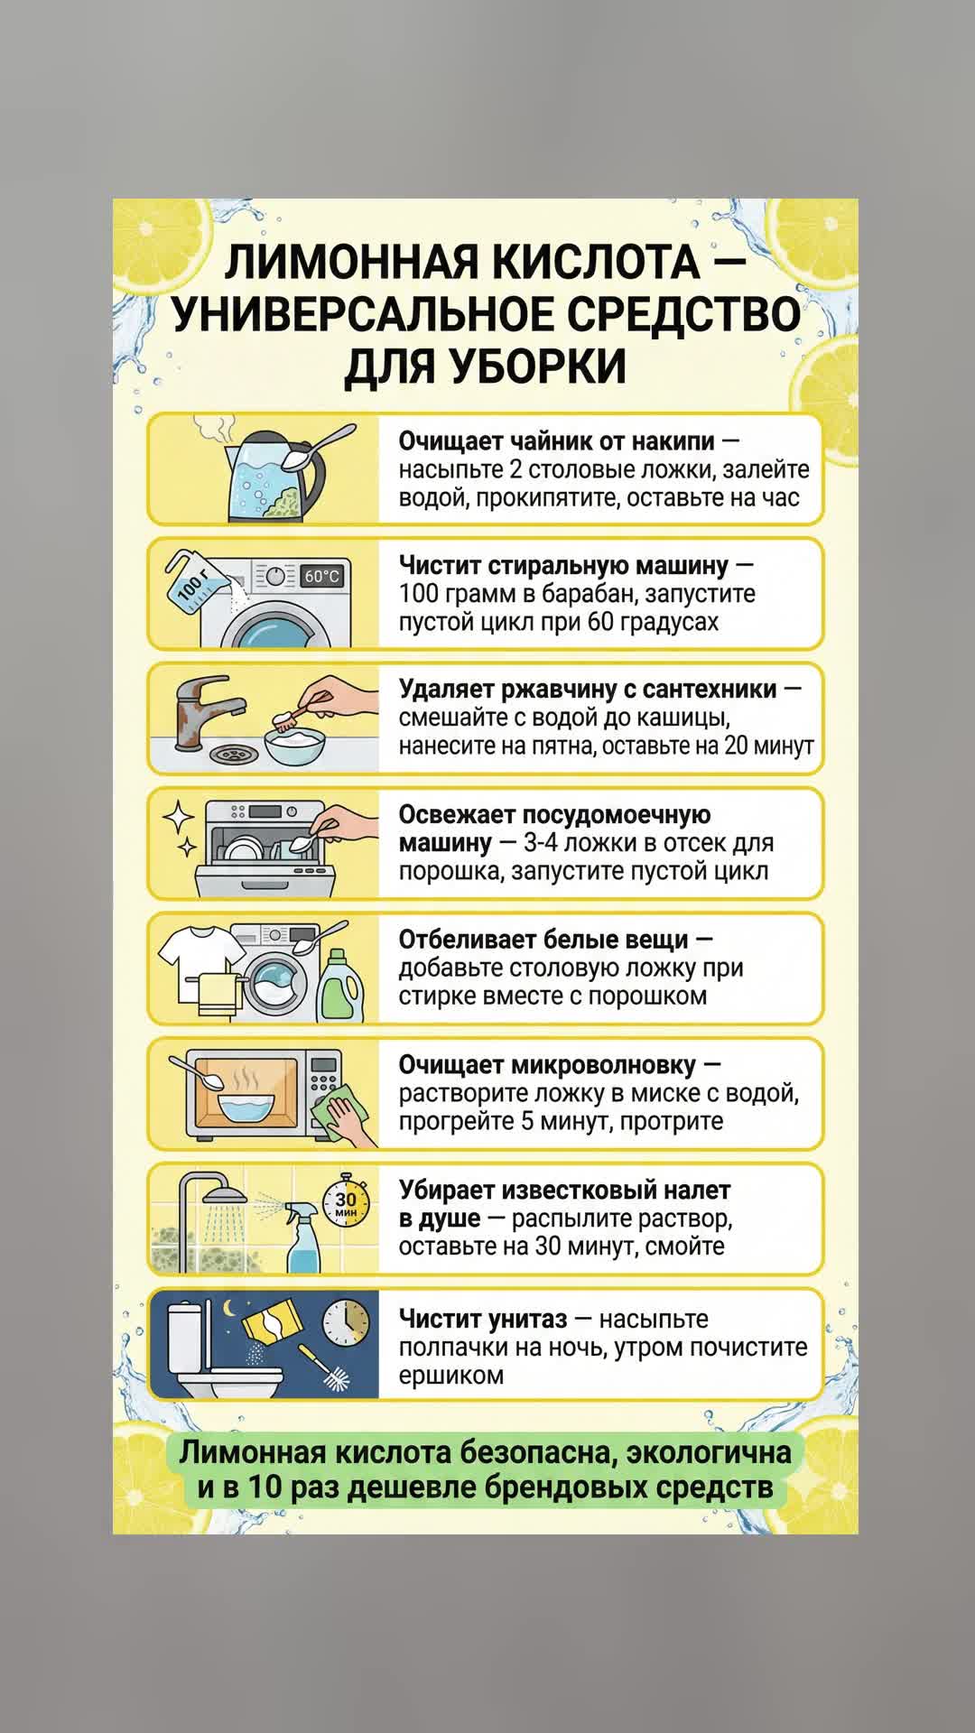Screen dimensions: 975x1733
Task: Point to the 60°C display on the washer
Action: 322,576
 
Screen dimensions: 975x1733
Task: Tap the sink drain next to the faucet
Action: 232,752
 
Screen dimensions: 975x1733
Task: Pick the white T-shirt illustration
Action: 200,961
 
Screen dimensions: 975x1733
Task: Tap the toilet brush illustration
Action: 326,1367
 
